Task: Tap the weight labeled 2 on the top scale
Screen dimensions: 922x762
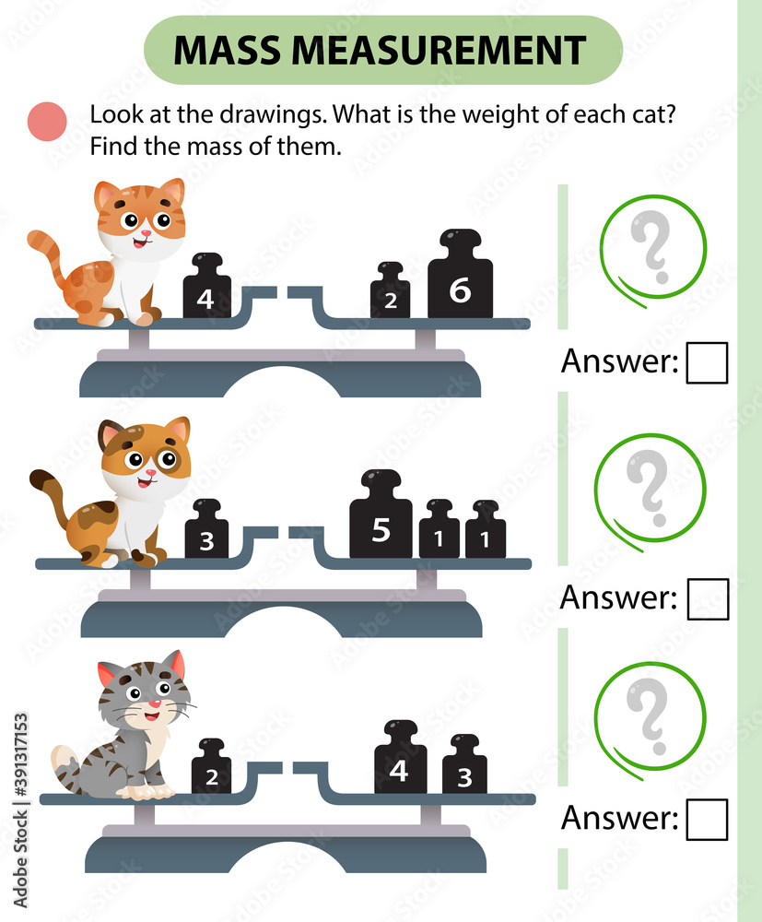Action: [x=390, y=293]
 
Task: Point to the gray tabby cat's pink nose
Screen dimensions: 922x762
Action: [x=155, y=704]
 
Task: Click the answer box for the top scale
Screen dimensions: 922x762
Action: [x=707, y=362]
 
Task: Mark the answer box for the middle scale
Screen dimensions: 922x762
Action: [x=708, y=599]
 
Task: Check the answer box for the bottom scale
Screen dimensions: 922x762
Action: [x=707, y=819]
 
